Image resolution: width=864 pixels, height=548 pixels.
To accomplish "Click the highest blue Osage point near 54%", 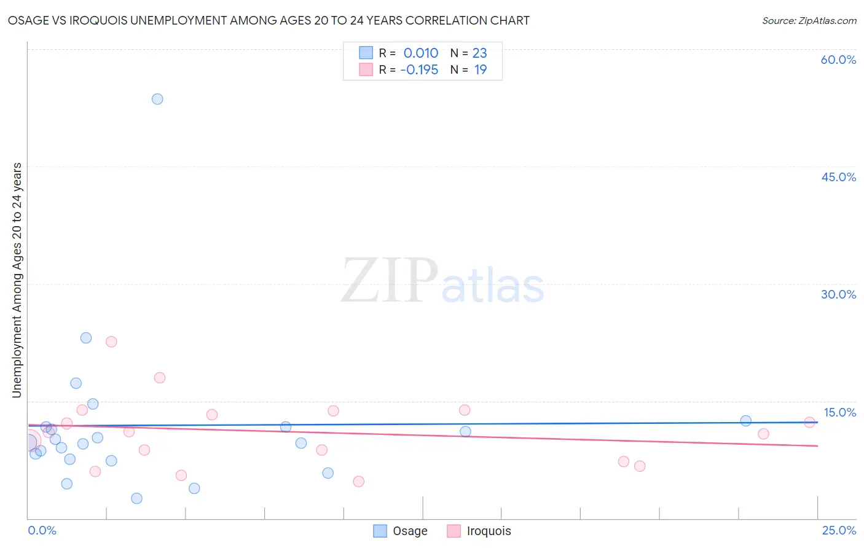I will tap(157, 99).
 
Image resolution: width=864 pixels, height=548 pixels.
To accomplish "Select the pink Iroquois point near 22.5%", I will tap(111, 342).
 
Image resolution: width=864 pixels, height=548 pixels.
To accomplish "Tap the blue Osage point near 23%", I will tap(86, 338).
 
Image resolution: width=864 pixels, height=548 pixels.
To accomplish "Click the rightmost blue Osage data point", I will tap(745, 421).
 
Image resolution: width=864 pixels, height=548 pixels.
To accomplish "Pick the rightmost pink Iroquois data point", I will tap(809, 422).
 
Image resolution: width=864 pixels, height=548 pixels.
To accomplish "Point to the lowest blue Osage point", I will tap(136, 498).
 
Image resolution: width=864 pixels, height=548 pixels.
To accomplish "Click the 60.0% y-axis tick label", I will tap(838, 60).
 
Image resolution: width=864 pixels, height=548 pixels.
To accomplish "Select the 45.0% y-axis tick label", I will tap(838, 177).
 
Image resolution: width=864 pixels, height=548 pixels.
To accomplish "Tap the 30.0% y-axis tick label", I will tap(838, 294).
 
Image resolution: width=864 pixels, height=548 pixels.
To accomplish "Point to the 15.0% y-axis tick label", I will tap(839, 412).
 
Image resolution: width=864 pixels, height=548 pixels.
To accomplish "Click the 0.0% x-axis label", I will tap(42, 530).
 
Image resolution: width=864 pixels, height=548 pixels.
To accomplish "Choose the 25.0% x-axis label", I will tap(839, 530).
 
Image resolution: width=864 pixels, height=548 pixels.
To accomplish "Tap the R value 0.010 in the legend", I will tap(421, 53).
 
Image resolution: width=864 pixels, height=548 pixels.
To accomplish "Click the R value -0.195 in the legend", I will tap(419, 69).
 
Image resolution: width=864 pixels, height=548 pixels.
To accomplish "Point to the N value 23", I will tap(479, 53).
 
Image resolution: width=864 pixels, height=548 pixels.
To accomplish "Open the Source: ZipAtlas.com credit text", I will tap(809, 20).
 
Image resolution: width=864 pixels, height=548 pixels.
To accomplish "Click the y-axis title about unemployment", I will tap(17, 280).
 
